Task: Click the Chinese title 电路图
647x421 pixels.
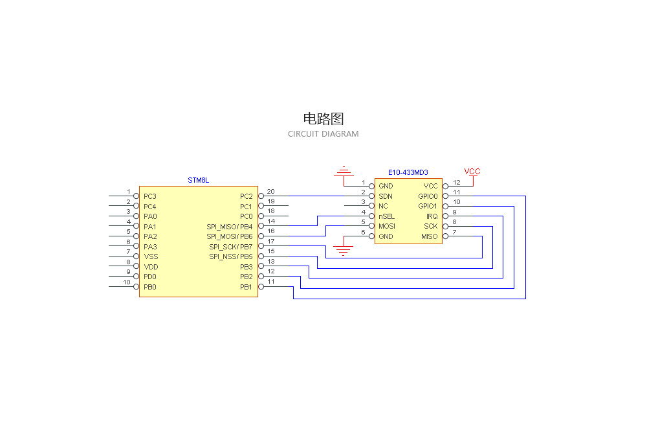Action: [x=323, y=119]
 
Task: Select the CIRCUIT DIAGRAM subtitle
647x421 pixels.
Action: [x=323, y=134]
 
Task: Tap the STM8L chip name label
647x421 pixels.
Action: [x=199, y=180]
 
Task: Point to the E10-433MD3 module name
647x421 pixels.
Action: [x=408, y=172]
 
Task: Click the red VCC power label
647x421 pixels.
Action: [x=472, y=172]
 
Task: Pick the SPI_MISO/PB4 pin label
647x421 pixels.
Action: [x=230, y=227]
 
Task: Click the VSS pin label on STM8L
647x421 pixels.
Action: [x=151, y=257]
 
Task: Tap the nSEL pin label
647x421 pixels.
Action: [x=387, y=216]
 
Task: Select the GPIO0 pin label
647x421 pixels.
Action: [x=428, y=196]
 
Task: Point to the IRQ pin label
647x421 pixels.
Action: [x=432, y=216]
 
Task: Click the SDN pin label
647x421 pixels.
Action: [x=386, y=196]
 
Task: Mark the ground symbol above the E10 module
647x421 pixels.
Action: [x=343, y=172]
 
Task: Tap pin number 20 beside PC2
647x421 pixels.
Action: [x=270, y=191]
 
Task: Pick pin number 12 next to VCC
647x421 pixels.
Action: [x=456, y=182]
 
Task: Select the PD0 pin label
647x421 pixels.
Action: [x=150, y=277]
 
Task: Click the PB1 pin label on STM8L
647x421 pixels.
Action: [x=247, y=287]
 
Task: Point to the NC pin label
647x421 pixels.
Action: [x=383, y=207]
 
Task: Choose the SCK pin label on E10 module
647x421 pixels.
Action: [x=430, y=227]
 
